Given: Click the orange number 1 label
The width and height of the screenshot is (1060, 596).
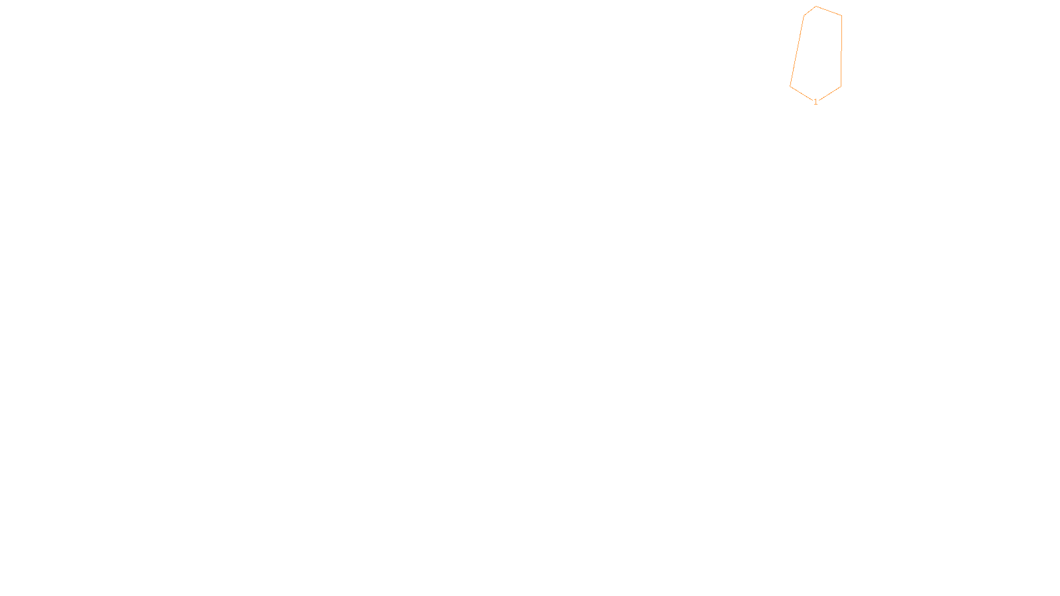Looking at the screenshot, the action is point(816,102).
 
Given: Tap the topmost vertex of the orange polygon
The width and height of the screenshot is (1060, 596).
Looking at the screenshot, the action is point(816,6).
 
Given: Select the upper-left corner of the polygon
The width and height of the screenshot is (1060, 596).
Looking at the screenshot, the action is point(804,15).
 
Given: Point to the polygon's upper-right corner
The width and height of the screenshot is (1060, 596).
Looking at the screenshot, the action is point(841,15).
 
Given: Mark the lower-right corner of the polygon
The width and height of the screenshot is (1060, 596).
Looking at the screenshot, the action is point(841,87).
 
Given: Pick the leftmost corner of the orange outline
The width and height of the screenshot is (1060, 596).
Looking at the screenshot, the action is point(790,86).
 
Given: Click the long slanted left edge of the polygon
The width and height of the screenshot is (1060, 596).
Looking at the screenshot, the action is point(797,50).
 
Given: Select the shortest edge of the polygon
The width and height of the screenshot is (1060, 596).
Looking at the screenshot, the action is point(810,11).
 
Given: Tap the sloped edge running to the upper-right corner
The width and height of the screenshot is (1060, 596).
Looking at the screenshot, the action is point(829,11).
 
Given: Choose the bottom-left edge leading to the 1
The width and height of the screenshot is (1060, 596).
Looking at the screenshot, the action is point(801,93).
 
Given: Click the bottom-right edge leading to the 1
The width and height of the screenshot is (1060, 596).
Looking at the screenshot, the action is point(830,93).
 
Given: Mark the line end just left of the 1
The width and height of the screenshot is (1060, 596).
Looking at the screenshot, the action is point(813,100).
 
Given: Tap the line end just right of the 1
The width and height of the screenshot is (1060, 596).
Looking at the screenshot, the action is point(819,101).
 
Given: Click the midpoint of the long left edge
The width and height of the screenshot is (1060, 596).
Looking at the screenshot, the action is point(797,50).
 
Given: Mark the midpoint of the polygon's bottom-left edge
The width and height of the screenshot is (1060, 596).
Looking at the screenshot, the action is point(801,93).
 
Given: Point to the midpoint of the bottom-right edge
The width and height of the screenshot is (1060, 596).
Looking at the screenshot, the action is point(830,93).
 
